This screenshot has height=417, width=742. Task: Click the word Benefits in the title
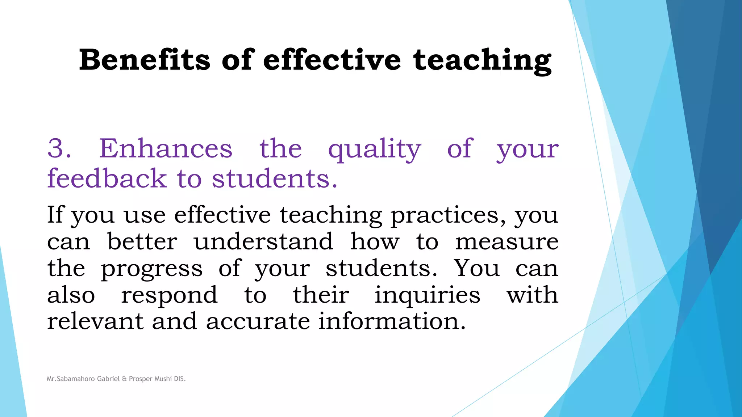point(145,60)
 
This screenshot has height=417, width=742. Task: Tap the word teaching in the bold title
point(482,60)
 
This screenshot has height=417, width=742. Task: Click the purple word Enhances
point(166,148)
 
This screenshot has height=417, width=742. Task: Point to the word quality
point(374,149)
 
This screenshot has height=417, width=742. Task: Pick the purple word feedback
point(107,178)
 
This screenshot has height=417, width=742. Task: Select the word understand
point(263,241)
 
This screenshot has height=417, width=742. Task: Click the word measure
point(507,242)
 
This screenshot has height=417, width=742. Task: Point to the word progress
point(152,269)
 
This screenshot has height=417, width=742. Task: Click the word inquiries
point(427,295)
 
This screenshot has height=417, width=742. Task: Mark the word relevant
point(95,321)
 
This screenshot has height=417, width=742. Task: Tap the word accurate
point(258,321)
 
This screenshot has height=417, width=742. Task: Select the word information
point(392,321)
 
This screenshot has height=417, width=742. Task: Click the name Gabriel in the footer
point(108,379)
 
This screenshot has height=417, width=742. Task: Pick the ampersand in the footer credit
point(124,379)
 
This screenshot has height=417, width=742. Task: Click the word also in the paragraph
point(71,295)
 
